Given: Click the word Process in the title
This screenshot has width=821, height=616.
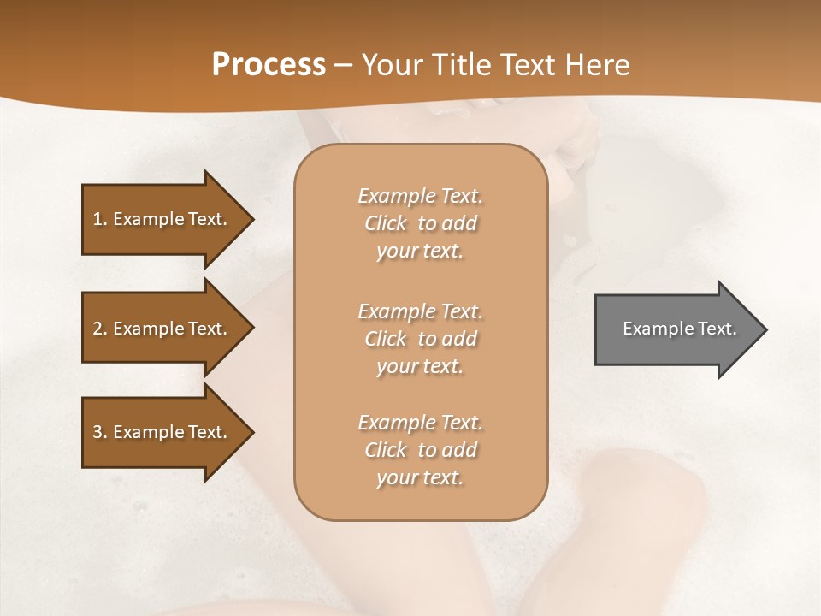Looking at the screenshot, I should click(x=269, y=65).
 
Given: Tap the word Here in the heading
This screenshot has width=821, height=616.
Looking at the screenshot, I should click(x=596, y=65).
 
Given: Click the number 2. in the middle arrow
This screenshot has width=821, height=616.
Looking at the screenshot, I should click(x=99, y=329).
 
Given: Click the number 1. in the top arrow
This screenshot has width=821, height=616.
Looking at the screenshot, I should click(x=99, y=219).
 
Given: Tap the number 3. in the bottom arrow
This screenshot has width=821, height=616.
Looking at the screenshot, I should click(x=99, y=433).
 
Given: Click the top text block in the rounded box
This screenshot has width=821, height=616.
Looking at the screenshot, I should click(x=420, y=223).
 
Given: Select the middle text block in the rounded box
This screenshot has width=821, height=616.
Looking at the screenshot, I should click(x=420, y=339).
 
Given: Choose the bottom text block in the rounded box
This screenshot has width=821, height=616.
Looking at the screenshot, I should click(x=420, y=450).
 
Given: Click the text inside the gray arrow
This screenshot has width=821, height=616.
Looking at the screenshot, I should click(x=679, y=329).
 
